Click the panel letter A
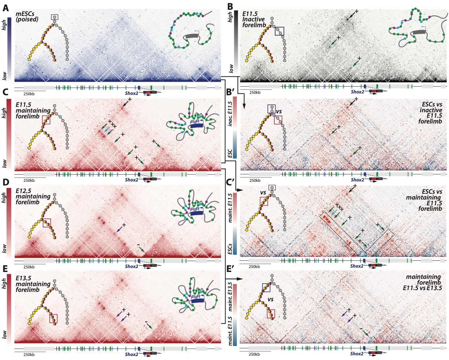[5, 8]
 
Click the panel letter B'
[230, 92]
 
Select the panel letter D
[6, 182]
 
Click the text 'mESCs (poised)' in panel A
[27, 17]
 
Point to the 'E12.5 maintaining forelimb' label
[33, 196]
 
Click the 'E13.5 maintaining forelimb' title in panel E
[33, 284]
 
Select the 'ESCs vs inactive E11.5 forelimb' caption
[431, 113]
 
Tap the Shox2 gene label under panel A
[131, 93]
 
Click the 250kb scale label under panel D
[29, 267]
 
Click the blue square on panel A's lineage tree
[54, 17]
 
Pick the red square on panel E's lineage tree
[53, 318]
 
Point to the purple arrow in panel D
[119, 229]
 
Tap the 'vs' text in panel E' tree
[270, 300]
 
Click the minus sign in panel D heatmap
[139, 245]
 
